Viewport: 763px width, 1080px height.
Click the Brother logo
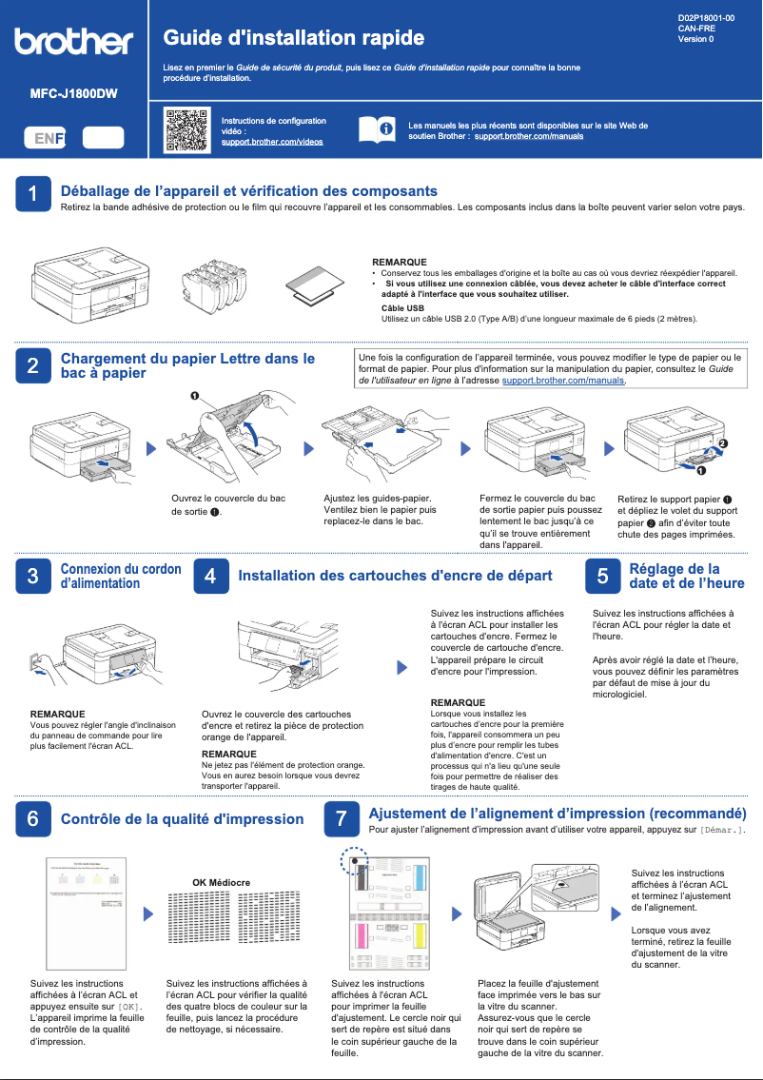tap(73, 42)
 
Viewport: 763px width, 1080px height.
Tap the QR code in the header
tap(186, 130)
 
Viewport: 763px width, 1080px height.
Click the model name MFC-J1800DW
tap(73, 94)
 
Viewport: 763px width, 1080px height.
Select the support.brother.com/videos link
tap(272, 142)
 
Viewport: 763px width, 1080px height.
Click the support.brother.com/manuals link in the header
tap(528, 137)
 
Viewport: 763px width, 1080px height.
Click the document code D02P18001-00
tap(706, 18)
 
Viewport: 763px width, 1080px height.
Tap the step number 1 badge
tap(33, 193)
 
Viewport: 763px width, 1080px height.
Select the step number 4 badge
tap(210, 576)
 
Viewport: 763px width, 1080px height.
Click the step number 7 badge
tap(342, 818)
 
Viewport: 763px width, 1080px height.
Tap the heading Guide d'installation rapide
tap(294, 38)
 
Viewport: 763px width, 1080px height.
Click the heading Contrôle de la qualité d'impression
tap(182, 819)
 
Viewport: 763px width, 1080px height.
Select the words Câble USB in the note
tap(402, 308)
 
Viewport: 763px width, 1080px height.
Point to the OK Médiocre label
tap(221, 883)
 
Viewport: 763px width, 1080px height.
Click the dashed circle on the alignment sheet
tap(354, 861)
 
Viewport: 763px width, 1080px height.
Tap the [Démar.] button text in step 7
tap(721, 831)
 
